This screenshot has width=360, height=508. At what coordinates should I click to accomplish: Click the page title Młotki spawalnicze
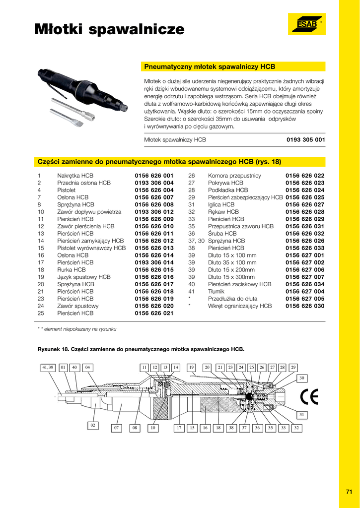pos(109,30)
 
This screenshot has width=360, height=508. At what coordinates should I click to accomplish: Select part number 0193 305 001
pos(306,140)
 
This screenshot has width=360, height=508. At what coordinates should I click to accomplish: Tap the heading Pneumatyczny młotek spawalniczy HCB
pos(210,66)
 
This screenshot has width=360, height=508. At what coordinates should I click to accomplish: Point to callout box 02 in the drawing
pos(92,425)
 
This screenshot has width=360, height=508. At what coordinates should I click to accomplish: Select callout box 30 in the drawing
pos(301,378)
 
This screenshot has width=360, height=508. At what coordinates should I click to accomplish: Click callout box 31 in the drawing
pos(301,414)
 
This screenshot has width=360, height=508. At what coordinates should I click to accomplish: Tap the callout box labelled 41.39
pos(48,368)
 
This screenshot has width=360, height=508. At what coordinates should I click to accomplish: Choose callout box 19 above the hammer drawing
pos(191,368)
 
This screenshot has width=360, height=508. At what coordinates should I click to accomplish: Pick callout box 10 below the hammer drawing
pos(153,428)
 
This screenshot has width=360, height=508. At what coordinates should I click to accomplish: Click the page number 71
pos(349,492)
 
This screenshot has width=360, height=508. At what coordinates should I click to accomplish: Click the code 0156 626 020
pos(154,306)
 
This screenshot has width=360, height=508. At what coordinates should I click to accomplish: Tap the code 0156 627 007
pos(305,277)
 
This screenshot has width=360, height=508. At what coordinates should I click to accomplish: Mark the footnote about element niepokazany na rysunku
pos(77,329)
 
